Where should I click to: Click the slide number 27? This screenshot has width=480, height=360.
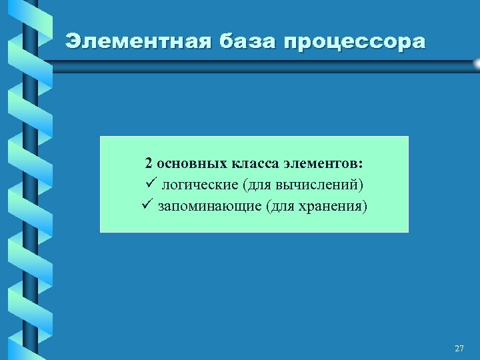[459, 348]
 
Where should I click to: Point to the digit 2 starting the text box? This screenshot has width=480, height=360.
[149, 163]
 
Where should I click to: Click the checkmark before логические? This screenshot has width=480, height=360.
[149, 183]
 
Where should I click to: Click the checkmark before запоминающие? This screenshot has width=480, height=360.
[149, 204]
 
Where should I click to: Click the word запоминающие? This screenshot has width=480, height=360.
[209, 205]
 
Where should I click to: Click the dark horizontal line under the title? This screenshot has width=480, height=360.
[267, 63]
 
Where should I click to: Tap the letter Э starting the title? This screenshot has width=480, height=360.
[73, 41]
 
